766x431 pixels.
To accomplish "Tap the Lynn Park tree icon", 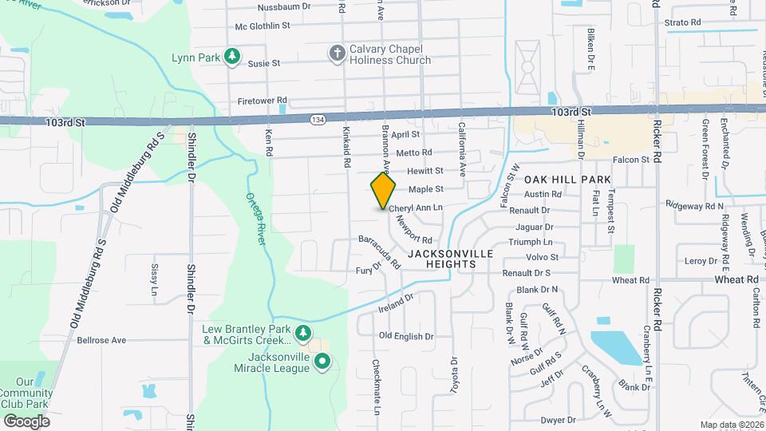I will pyautogui.click(x=231, y=56).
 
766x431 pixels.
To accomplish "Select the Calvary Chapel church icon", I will pyautogui.click(x=337, y=53).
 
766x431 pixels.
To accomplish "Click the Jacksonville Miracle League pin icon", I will pyautogui.click(x=322, y=362).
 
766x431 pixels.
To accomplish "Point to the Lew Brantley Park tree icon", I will pyautogui.click(x=302, y=332).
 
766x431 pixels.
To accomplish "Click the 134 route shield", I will pyautogui.click(x=318, y=119).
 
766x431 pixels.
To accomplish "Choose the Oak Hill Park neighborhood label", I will pyautogui.click(x=567, y=180).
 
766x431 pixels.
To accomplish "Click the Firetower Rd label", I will pyautogui.click(x=261, y=101).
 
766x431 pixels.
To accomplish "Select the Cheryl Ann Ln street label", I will pyautogui.click(x=415, y=208).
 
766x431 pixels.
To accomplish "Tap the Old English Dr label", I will pyautogui.click(x=405, y=337).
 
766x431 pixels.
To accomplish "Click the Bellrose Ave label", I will pyautogui.click(x=102, y=340).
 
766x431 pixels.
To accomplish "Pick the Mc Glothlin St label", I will pyautogui.click(x=262, y=26).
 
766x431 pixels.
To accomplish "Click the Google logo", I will pyautogui.click(x=26, y=421).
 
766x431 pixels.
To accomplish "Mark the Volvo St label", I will pyautogui.click(x=543, y=257).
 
